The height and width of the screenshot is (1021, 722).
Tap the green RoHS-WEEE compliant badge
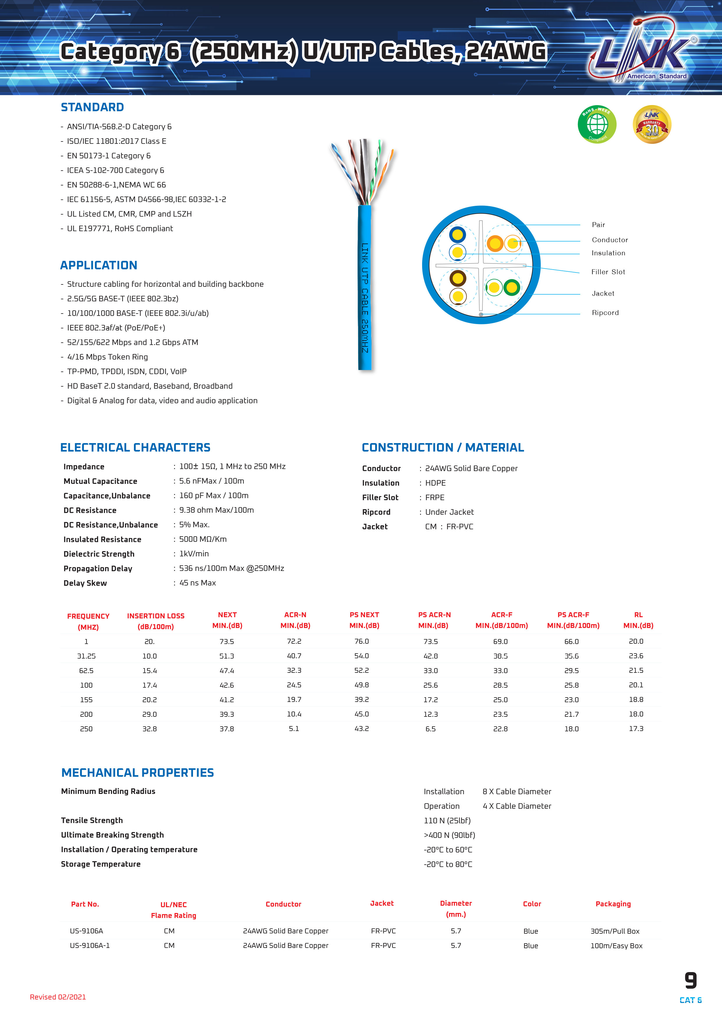click(597, 125)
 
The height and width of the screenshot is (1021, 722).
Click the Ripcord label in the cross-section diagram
click(605, 313)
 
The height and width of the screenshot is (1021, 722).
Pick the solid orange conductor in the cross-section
click(495, 243)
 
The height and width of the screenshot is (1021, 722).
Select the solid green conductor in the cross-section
click(512, 287)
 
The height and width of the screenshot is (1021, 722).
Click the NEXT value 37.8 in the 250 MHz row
click(227, 729)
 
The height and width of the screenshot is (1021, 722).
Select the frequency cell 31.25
click(86, 656)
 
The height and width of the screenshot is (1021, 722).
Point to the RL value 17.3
click(636, 729)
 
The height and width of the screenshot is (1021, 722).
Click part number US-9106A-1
click(90, 945)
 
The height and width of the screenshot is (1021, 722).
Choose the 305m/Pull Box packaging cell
click(615, 931)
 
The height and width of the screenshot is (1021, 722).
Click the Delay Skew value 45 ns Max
click(197, 583)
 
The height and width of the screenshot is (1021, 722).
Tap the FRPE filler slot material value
click(435, 498)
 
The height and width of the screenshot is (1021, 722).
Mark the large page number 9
click(691, 981)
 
